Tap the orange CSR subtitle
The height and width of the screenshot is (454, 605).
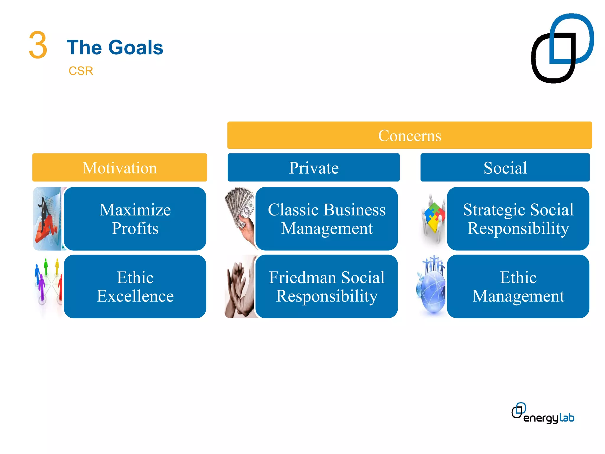[81, 71]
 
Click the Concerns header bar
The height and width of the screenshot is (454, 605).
[409, 135]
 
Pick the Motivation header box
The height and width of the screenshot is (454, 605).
[119, 168]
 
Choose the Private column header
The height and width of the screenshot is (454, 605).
[313, 168]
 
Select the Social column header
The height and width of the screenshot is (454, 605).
[505, 168]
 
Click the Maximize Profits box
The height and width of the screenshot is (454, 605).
[135, 219]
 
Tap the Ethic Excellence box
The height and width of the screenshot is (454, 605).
[135, 286]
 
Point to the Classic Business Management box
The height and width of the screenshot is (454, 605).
[326, 219]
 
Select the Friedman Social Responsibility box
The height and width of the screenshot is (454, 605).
[326, 286]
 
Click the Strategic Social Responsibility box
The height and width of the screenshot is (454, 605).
[518, 219]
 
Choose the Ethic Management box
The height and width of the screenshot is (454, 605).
[518, 286]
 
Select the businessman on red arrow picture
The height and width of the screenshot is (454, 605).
[47, 219]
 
